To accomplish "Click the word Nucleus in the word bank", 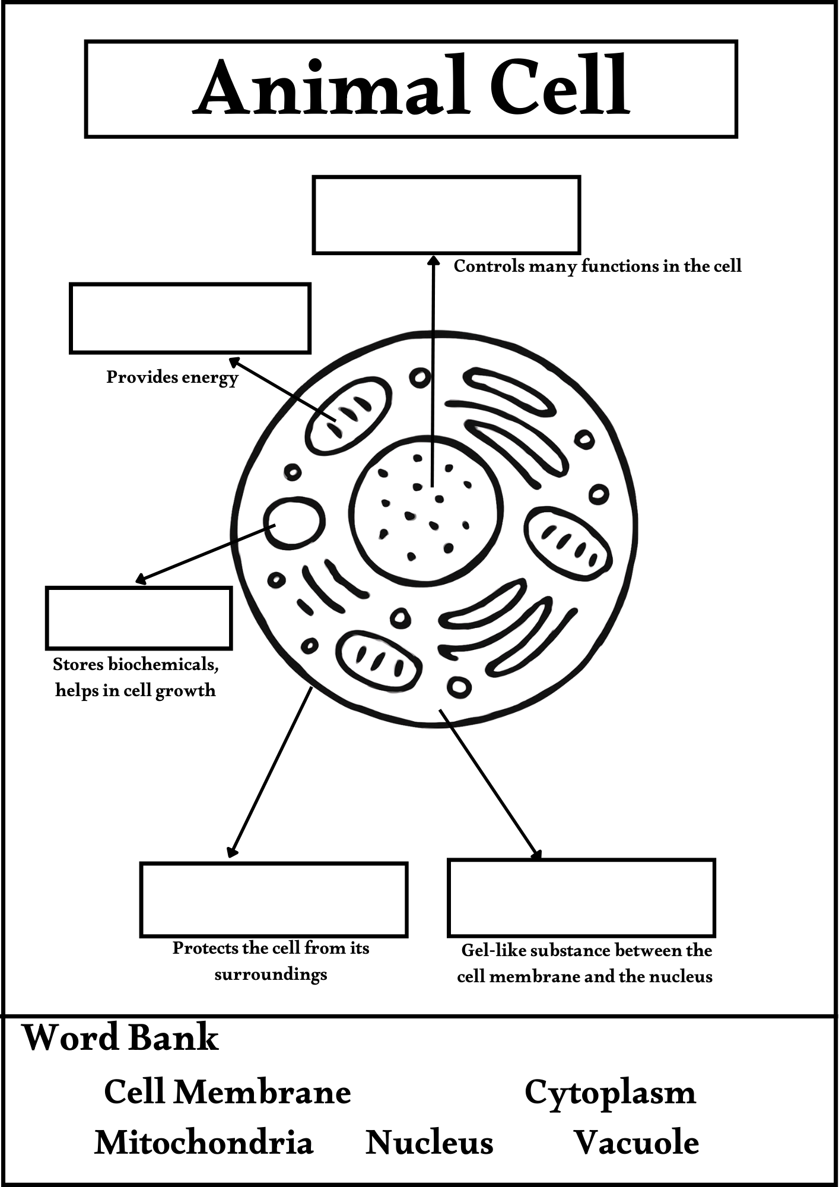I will [x=429, y=1142].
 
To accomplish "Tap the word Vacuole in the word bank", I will [x=636, y=1142].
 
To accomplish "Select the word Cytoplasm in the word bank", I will [x=610, y=1093].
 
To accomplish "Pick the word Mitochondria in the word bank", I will [x=204, y=1142].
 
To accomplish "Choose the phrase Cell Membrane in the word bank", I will [x=227, y=1091].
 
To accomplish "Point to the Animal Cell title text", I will [x=411, y=87].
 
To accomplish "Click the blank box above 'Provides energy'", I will [x=190, y=318].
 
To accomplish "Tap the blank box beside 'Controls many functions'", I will [x=446, y=215].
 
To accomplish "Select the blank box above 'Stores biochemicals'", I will [x=139, y=618].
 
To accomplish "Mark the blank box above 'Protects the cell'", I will [x=274, y=900].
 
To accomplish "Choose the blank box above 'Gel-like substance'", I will [x=581, y=897].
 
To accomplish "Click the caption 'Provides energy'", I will [x=172, y=377].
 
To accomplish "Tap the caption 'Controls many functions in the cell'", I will [x=598, y=266].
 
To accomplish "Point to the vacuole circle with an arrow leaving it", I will [x=294, y=523].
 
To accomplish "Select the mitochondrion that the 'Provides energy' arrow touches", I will [x=348, y=415].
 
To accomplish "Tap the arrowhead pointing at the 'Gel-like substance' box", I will [x=537, y=855].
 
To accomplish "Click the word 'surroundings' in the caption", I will [x=271, y=974].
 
